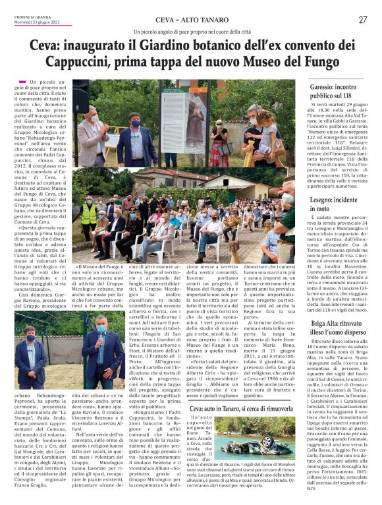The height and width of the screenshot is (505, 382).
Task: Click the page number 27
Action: click(x=362, y=20)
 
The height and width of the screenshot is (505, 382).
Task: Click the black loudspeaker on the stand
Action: click(x=80, y=100)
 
